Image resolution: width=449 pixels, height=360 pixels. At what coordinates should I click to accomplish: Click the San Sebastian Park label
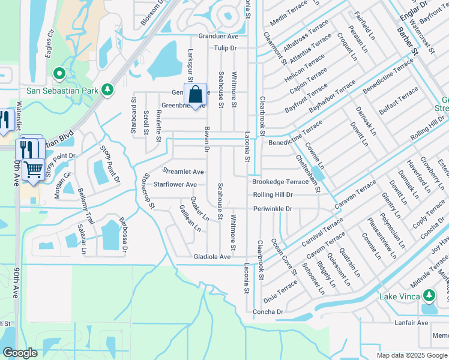point(61,91)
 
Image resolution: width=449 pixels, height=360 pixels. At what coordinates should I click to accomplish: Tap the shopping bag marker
point(196,95)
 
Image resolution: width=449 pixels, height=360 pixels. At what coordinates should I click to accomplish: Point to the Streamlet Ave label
point(183,172)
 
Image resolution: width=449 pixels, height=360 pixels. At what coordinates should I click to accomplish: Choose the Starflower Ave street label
point(175,185)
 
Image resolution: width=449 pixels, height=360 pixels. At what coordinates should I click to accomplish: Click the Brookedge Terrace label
point(280,182)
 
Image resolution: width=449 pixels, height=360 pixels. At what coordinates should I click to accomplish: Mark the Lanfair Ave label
point(412,323)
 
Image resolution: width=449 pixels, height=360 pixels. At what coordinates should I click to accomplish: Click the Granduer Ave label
point(218,36)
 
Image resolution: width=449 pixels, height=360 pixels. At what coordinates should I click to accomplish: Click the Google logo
point(20,353)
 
